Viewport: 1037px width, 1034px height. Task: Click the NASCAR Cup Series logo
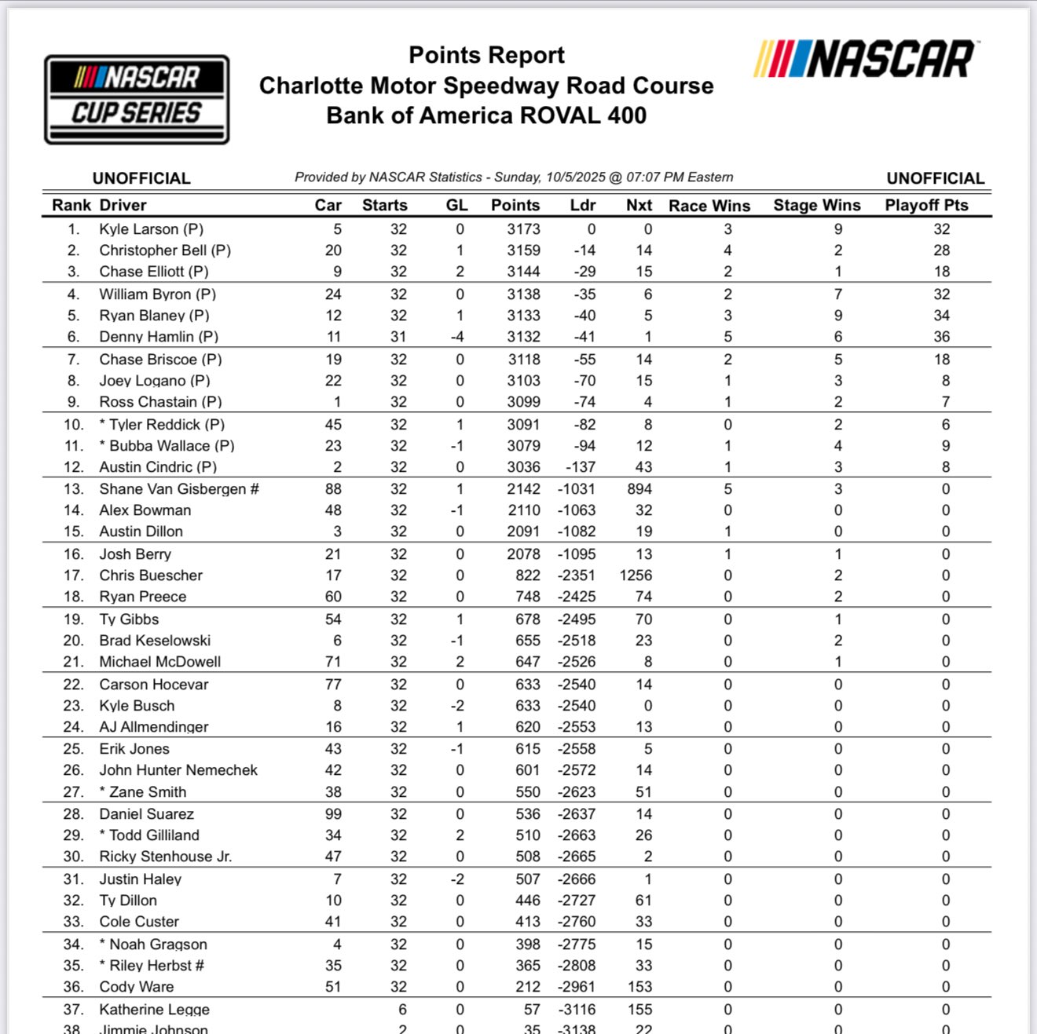click(137, 99)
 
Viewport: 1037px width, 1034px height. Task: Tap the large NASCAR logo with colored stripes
click(864, 60)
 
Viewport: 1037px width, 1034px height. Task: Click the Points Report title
click(486, 55)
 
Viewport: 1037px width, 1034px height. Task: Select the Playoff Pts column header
click(926, 205)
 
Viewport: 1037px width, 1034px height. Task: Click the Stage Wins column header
click(816, 205)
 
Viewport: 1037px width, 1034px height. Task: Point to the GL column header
click(456, 205)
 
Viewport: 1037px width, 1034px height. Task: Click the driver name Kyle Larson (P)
click(151, 229)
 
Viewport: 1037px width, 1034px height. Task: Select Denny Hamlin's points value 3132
click(523, 337)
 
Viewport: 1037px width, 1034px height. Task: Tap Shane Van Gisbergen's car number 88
click(333, 489)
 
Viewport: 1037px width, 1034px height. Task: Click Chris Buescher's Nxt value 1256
click(636, 575)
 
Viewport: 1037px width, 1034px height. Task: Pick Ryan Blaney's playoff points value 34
click(941, 316)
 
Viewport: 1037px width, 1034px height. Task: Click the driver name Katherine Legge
click(154, 1010)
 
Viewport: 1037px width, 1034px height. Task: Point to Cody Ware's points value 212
click(528, 987)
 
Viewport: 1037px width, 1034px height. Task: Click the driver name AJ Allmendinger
click(153, 727)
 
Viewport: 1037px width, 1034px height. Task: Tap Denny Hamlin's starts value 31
click(398, 337)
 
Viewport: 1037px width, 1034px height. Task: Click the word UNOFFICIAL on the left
click(141, 178)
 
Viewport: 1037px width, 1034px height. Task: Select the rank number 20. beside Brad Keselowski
click(74, 641)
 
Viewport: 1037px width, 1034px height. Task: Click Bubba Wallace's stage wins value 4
click(838, 446)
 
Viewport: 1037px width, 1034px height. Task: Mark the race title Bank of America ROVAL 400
click(486, 115)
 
